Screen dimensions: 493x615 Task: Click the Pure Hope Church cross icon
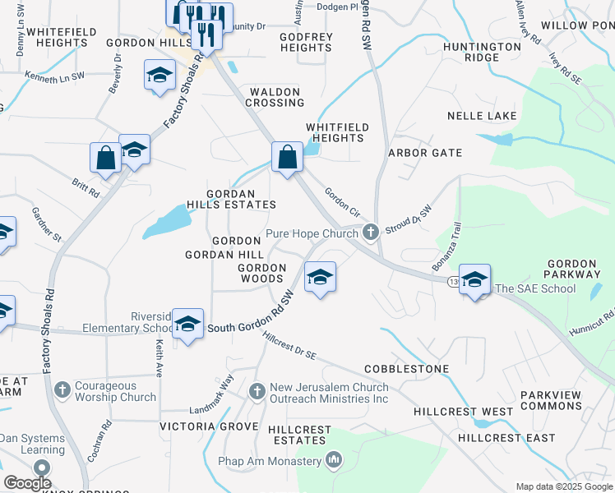pos(371,233)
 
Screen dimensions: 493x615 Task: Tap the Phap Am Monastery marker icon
pos(334,460)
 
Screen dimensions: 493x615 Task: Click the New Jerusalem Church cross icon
pos(257,390)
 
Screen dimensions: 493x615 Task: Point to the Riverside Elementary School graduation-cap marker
pos(188,325)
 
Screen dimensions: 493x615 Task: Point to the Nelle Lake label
pos(482,116)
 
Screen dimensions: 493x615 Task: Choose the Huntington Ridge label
pos(482,52)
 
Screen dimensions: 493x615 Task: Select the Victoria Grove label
pos(203,426)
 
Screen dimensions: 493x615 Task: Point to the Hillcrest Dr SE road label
pos(289,343)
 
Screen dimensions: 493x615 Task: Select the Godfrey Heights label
pos(306,42)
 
